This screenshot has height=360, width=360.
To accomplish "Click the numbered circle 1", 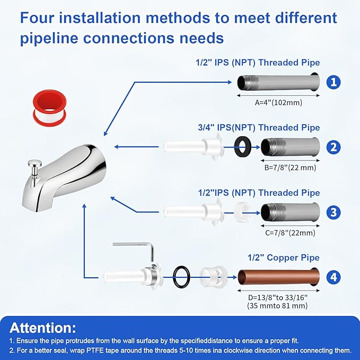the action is coord(333,82).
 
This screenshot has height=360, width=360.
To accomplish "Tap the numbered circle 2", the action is coord(333,147).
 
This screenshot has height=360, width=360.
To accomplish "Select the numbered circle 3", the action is coord(333,212).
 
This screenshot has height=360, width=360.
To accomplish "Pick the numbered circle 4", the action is coord(333,277).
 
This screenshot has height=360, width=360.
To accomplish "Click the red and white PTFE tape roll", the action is coord(50,108).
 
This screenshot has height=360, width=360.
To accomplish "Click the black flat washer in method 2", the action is coord(242,147).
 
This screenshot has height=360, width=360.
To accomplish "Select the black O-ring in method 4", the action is coord(181,277).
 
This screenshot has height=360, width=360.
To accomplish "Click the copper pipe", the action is coord(278,277).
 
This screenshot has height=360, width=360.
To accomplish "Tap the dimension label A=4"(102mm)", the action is coord(278,102).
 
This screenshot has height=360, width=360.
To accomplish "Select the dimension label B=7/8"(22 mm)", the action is coord(290,168).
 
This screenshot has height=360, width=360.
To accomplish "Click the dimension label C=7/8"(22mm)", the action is coord(290,233).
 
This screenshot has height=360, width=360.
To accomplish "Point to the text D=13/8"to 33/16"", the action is coord(278,297).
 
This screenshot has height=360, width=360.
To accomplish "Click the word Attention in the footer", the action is coord(43,328).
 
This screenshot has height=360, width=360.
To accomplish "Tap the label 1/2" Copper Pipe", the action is coord(284,258).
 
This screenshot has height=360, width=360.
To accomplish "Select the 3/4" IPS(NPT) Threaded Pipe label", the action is coord(259,128).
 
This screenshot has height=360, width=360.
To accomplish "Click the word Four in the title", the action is coord(38,17).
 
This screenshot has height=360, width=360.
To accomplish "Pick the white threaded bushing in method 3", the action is coord(242,211).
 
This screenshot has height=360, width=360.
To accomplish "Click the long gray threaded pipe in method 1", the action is coord(278,82).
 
